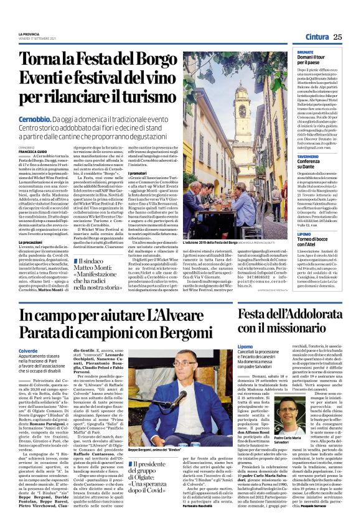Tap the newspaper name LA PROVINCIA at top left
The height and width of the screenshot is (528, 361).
29,34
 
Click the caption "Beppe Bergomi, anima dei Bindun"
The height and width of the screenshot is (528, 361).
152,466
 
